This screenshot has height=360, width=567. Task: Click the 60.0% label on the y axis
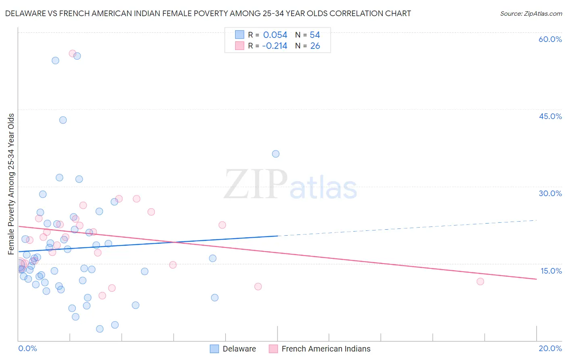point(550,39)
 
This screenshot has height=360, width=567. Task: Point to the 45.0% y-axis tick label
point(550,116)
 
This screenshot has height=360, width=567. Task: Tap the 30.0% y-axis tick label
point(550,193)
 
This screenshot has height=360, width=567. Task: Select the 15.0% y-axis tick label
point(551,271)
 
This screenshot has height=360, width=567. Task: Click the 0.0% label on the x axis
point(27,348)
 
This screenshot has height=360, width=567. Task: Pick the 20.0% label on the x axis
point(550,348)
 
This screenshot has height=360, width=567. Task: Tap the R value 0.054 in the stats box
point(275,35)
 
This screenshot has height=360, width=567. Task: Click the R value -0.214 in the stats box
point(274,46)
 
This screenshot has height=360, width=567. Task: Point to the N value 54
point(315,35)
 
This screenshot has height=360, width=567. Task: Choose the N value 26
point(315,46)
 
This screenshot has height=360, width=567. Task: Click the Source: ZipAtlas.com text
point(531,14)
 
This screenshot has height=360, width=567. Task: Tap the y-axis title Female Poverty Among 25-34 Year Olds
point(11,184)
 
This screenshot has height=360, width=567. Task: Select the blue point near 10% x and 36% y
point(275,154)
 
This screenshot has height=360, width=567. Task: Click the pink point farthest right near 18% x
point(480,281)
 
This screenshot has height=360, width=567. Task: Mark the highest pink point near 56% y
point(72,54)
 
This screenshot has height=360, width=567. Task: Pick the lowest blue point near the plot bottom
point(100,329)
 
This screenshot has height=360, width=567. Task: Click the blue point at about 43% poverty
point(63,120)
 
